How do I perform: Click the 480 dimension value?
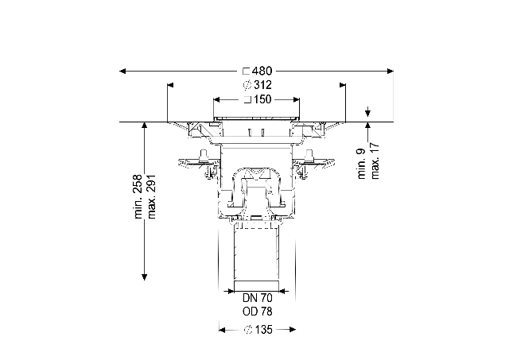262,71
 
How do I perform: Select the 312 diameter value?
262,85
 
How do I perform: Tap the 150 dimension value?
262,99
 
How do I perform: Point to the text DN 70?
258,297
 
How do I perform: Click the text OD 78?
258,312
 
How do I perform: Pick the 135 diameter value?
263,330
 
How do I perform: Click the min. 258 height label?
138,196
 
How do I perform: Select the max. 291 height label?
152,196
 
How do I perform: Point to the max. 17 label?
375,161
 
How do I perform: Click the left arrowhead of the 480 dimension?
122,71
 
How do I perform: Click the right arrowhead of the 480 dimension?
390,71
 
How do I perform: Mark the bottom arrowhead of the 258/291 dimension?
145,277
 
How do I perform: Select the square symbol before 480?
247,71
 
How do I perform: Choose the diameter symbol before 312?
247,85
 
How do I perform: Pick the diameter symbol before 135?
248,330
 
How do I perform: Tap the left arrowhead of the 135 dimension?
223,330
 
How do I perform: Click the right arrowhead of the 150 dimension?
296,99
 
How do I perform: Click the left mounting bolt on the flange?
204,156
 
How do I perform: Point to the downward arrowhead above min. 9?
367,114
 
